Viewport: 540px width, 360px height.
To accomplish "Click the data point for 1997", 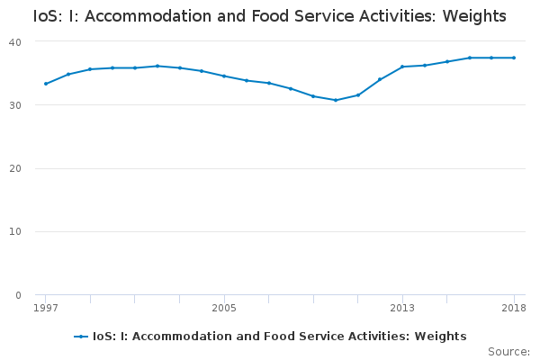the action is pos(46,84).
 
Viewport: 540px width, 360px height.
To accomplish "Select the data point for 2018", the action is pos(514,58).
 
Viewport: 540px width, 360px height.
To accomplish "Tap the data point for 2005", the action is pos(224,76).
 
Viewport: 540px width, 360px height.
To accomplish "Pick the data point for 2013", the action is pos(402,67).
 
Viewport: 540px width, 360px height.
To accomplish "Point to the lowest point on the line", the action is pos(336,100).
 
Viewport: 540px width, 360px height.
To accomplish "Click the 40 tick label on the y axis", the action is pos(15,42).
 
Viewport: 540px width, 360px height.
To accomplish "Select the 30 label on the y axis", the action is pos(15,105).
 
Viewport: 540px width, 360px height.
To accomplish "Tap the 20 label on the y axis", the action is pos(15,168).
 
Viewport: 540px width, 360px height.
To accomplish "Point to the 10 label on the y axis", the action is pos(15,231).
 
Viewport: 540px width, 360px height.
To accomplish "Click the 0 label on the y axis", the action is pos(18,295).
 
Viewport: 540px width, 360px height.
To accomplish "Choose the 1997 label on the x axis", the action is pos(46,308).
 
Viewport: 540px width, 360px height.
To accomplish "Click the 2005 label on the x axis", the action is pos(224,308).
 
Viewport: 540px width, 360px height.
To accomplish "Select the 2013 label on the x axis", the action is pos(402,308).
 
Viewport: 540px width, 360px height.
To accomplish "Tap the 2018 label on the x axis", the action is pos(514,308).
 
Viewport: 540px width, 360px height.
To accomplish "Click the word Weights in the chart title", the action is pos(474,16).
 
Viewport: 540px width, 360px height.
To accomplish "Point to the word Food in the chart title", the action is pos(271,16).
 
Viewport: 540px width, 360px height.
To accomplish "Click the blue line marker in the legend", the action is pos(81,337).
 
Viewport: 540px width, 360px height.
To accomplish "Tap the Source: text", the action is pos(509,352).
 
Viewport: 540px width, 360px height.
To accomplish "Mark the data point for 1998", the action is pos(68,74).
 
